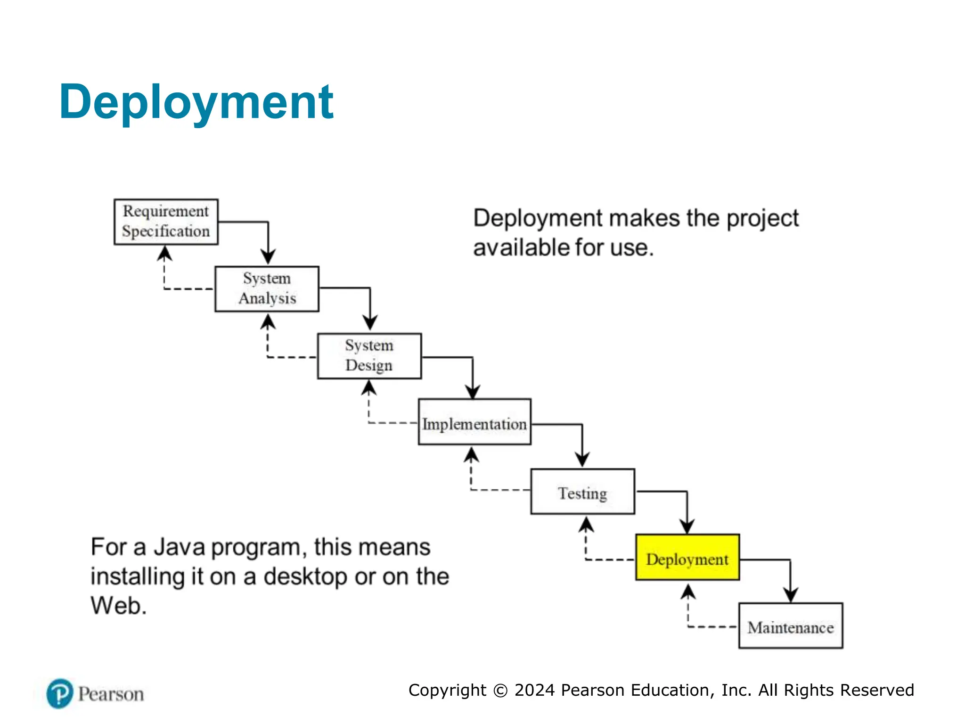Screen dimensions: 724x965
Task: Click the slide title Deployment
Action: pos(196,102)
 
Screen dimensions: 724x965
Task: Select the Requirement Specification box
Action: pos(166,222)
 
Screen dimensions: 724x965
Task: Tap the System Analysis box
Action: pos(267,288)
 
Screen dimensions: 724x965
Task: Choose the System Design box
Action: pos(369,356)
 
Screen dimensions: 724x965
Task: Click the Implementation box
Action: pos(474,422)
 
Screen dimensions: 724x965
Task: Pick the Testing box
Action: pos(582,491)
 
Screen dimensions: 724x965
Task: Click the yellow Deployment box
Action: pos(687,557)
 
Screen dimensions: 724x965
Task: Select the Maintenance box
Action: pos(790,625)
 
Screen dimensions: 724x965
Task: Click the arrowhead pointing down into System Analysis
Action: pos(268,257)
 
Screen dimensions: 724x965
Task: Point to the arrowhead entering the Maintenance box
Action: pos(790,595)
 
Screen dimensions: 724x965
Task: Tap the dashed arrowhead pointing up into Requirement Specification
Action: pos(164,254)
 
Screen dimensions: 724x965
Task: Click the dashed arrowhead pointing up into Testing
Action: pos(586,524)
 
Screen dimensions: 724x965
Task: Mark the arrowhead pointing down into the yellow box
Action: pos(687,527)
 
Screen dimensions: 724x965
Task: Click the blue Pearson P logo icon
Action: pos(60,693)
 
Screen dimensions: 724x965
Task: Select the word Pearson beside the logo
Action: pos(111,694)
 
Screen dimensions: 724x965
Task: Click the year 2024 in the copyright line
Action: pos(534,690)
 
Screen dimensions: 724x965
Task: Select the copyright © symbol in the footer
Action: pos(500,691)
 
